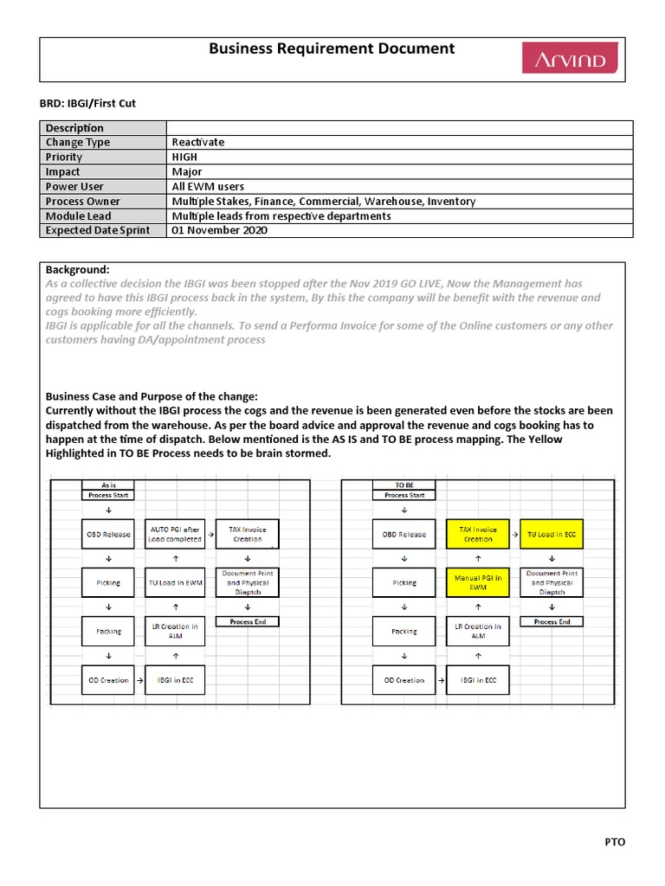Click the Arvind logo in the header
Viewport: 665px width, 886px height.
click(x=569, y=58)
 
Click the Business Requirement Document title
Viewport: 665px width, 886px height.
click(x=332, y=49)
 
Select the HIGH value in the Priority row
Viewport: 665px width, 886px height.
click(x=184, y=157)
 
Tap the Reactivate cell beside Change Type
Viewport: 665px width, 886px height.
click(x=197, y=142)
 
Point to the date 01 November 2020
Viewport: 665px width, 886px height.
click(x=219, y=230)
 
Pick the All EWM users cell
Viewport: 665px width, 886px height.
click(x=208, y=186)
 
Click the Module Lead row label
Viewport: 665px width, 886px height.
click(x=79, y=215)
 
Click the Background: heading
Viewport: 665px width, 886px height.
click(x=78, y=269)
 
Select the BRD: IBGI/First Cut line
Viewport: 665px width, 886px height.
click(x=88, y=103)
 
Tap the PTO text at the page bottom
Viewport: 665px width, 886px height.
click(x=614, y=842)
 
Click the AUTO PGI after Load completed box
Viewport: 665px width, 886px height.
click(x=175, y=534)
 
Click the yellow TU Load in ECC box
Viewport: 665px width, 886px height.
click(x=552, y=534)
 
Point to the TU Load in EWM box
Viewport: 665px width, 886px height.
click(x=175, y=582)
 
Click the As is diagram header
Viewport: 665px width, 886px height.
click(x=108, y=485)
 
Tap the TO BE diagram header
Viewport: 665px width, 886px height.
click(x=404, y=485)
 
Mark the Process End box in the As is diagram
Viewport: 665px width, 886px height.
click(x=248, y=621)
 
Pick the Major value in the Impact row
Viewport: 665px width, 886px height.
click(x=187, y=171)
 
